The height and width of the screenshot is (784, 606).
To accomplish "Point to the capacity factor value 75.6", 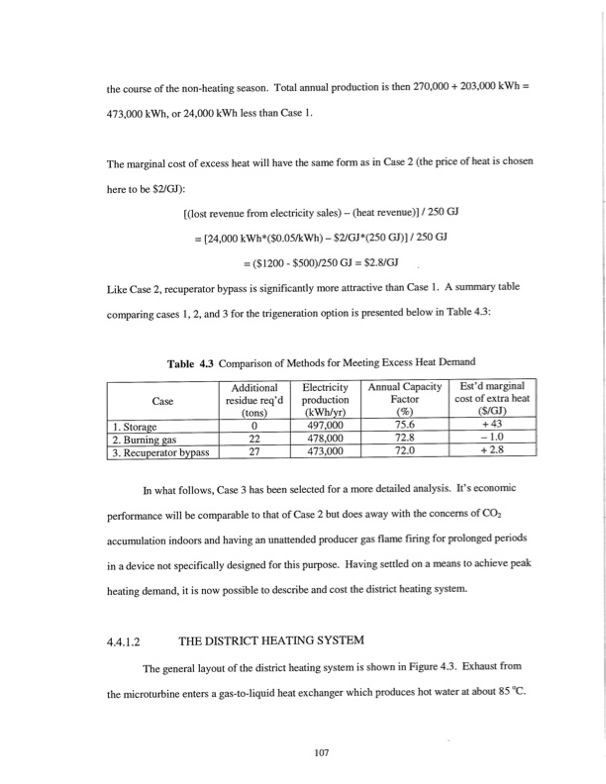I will pos(402,423).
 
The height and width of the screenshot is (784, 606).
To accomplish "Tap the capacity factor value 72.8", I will pos(402,436).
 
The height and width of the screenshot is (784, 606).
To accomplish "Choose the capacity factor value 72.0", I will pos(402,448).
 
